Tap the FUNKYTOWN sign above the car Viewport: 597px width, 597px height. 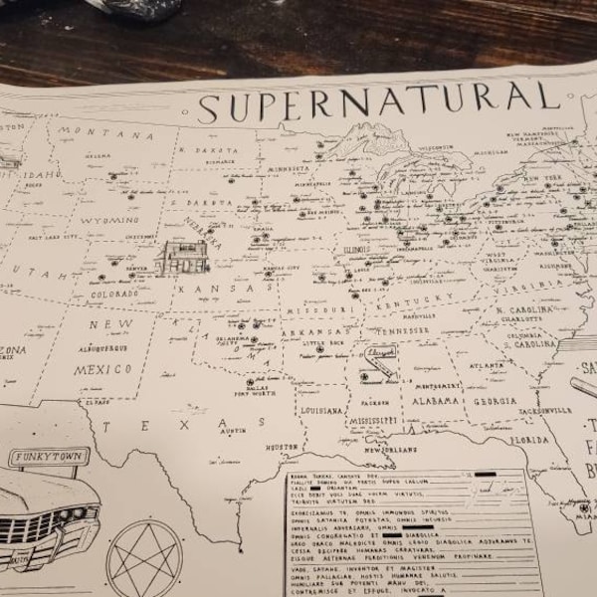tap(48, 458)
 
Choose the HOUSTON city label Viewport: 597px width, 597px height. tap(282, 448)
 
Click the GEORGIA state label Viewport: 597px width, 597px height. tap(495, 401)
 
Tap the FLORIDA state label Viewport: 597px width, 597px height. tap(529, 439)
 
